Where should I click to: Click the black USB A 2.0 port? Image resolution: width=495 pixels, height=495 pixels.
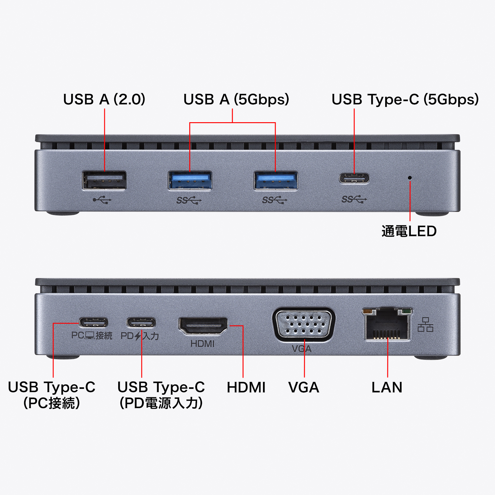pos(104,180)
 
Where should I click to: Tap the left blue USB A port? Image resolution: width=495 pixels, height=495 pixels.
pos(190,180)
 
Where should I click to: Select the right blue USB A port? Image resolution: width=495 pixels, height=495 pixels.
pos(276,180)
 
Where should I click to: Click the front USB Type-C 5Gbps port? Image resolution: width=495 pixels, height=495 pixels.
pos(354,179)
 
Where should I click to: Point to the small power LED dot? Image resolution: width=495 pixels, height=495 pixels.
pos(410,178)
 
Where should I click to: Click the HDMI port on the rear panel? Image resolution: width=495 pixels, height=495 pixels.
pos(203,326)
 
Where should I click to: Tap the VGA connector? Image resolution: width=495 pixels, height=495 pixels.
pos(303,325)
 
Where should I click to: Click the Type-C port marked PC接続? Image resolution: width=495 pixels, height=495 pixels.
pos(93,323)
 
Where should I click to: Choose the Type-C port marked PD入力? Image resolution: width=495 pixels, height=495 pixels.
pos(141,323)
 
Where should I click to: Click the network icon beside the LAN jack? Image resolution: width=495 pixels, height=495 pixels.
pos(425,325)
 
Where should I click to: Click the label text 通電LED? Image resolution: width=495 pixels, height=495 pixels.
pos(409,231)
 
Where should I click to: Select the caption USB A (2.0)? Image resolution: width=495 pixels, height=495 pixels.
pos(104,99)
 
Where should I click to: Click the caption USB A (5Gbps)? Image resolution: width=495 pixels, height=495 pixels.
pos(236,99)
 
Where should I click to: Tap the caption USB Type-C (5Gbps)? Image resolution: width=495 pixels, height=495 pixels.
pos(405,99)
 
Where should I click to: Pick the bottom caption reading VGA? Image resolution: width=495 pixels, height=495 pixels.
pos(303,387)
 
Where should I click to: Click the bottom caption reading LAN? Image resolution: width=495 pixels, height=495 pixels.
pos(387,387)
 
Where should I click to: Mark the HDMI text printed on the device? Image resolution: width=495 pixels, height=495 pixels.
pos(202,343)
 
